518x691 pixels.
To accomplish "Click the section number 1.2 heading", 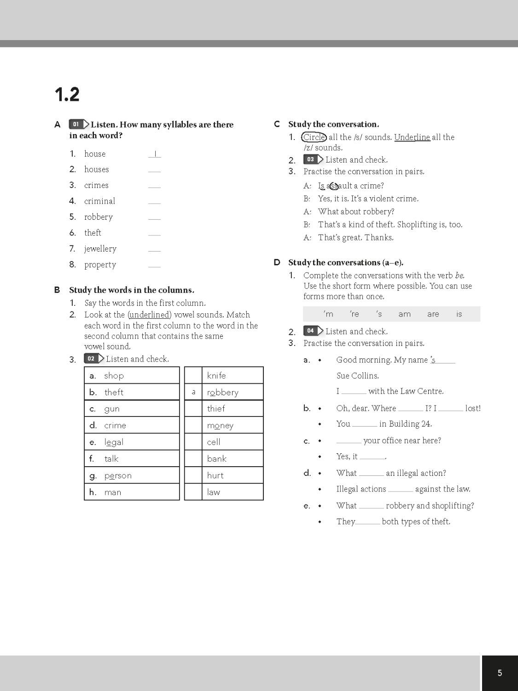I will point(67,94).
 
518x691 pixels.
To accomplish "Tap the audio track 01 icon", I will point(79,124).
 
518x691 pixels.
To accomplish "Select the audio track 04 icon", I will point(313,331).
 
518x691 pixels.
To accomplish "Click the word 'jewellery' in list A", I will point(100,249).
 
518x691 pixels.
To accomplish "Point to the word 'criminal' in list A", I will point(99,201).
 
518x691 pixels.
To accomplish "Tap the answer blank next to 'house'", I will point(155,154).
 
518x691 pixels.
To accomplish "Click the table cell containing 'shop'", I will point(132,375).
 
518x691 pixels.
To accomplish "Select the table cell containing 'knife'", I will point(233,375).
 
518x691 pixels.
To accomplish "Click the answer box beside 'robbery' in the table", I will point(193,392).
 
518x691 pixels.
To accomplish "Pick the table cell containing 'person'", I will point(132,475).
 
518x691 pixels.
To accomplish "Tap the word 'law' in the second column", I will point(214,492).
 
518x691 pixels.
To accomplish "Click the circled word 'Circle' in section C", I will point(314,137).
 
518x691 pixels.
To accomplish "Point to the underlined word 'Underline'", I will point(412,137).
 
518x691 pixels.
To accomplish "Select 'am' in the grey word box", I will point(404,314).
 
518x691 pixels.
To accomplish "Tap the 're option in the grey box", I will point(354,314).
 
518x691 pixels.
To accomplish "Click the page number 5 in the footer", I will point(500,673).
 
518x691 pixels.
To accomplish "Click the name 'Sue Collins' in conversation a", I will point(357,375).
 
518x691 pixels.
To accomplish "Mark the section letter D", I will point(277,262).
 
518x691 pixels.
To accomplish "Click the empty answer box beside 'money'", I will point(193,425).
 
